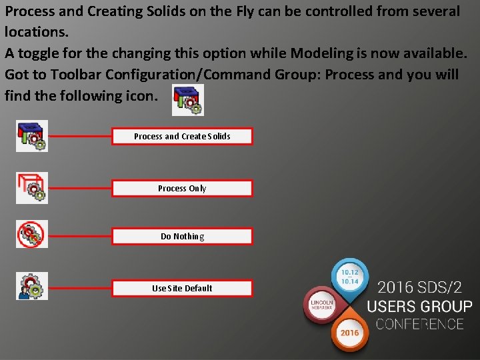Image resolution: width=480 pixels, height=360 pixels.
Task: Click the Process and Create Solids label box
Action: pos(182,137)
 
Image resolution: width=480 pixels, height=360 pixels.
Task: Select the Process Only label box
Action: pos(182,189)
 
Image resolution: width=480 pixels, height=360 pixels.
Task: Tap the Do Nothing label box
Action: pos(182,237)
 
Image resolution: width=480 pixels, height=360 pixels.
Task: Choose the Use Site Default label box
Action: pos(182,289)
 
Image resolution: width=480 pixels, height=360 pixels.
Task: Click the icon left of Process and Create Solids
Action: pos(32,136)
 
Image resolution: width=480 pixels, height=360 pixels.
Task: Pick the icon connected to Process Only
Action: pos(32,188)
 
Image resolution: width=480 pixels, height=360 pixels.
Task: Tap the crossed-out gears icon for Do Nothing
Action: pos(32,234)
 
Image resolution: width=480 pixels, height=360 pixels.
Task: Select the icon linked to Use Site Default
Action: pos(32,286)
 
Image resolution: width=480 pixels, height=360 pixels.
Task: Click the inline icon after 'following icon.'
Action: pos(188,100)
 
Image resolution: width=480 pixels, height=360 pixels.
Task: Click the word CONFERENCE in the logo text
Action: pos(419,325)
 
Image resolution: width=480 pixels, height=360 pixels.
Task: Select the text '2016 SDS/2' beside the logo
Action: pos(419,288)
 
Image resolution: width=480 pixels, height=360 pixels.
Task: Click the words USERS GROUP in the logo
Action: pos(419,307)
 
